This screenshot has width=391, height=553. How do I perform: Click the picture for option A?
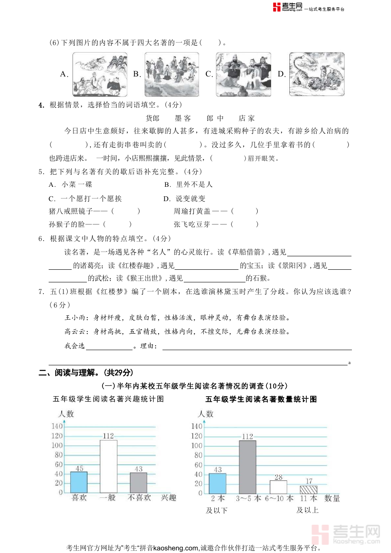pos(100,74)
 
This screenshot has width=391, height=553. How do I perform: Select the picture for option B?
pos(172,74)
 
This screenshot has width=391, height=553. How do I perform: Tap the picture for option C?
pos(243,74)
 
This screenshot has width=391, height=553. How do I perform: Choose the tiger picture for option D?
pos(317,74)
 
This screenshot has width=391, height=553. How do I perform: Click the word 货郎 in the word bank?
pos(152,118)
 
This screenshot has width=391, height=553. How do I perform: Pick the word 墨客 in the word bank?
pos(182,118)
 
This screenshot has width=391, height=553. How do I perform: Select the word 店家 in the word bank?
pos(246,118)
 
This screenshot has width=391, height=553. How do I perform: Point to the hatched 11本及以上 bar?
pos(308,489)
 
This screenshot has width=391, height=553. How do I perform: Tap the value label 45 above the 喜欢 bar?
pos(79,468)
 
